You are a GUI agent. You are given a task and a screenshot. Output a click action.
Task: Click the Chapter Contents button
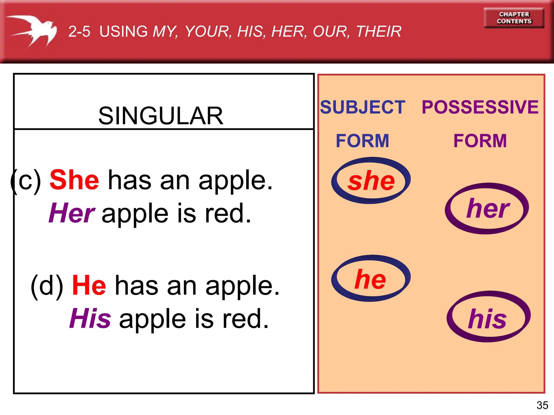(514, 18)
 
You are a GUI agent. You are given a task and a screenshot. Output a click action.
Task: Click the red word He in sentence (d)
(89, 285)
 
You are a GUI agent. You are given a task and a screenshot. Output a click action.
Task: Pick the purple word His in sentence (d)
(90, 319)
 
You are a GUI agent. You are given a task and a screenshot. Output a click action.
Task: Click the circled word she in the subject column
(371, 180)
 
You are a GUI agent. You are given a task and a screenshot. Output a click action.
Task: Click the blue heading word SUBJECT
(362, 107)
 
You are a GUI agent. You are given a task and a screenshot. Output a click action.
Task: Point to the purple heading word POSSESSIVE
(480, 107)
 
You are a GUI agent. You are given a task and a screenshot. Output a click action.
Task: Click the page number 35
(542, 405)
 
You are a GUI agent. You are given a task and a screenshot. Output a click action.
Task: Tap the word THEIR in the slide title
(379, 32)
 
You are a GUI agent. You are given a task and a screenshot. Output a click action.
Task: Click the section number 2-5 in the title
(79, 32)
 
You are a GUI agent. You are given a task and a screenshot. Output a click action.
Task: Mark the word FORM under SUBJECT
(362, 141)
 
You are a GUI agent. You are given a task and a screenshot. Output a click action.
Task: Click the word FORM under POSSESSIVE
(480, 141)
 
